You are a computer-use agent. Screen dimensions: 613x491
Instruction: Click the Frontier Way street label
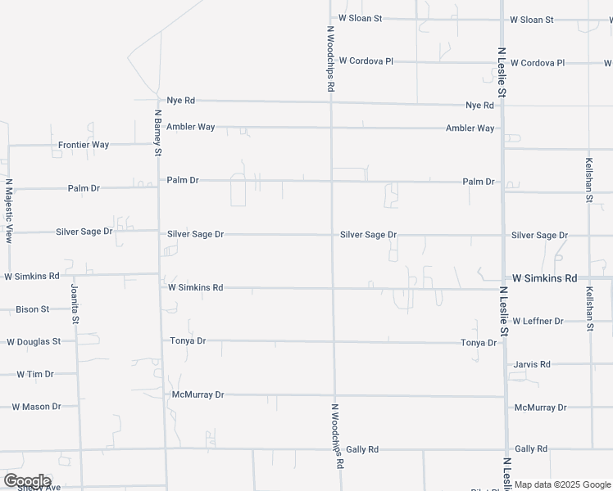(84, 145)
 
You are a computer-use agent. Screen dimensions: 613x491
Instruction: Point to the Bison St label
(33, 309)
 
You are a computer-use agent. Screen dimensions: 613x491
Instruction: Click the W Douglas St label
(34, 341)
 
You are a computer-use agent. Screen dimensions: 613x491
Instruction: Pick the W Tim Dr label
(35, 374)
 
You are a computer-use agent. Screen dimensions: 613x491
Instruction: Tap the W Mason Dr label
(37, 406)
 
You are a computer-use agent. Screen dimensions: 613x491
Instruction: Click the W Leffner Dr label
(538, 321)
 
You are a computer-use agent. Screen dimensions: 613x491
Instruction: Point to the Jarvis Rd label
(532, 364)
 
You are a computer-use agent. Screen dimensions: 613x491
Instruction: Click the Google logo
(27, 481)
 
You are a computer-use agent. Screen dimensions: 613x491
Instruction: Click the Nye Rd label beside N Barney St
(181, 100)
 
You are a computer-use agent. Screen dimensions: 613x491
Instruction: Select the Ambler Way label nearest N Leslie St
(470, 128)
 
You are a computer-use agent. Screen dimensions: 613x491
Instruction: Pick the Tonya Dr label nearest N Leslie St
(479, 343)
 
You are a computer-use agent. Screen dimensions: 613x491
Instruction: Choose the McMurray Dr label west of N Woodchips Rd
(198, 394)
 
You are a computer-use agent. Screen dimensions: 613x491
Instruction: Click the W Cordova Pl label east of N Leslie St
(538, 62)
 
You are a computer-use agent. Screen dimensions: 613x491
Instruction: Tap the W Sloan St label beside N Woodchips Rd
(361, 18)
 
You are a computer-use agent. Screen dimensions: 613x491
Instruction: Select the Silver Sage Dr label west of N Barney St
(84, 232)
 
